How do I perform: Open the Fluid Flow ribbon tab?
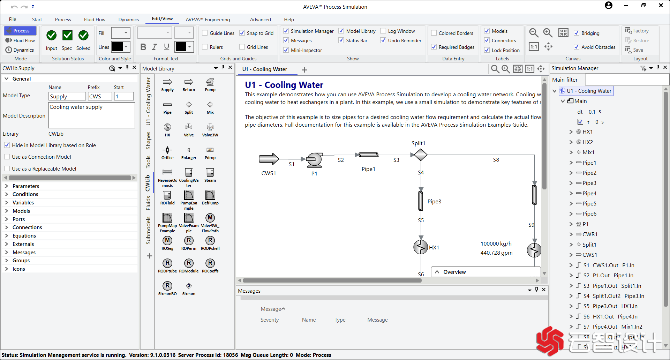pyautogui.click(x=95, y=20)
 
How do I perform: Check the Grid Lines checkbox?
pyautogui.click(x=242, y=47)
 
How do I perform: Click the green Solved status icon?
pyautogui.click(x=83, y=36)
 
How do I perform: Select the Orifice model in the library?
pyautogui.click(x=167, y=150)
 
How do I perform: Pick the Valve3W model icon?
pyautogui.click(x=210, y=127)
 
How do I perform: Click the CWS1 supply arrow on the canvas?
pyautogui.click(x=269, y=159)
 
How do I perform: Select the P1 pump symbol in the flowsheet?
pyautogui.click(x=314, y=159)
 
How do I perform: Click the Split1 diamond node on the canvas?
pyautogui.click(x=421, y=155)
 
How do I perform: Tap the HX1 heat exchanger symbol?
pyautogui.click(x=421, y=247)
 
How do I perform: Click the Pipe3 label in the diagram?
pyautogui.click(x=434, y=202)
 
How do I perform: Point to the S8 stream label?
pyautogui.click(x=496, y=160)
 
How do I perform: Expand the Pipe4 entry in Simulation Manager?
pyautogui.click(x=571, y=194)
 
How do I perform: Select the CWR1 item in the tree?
pyautogui.click(x=590, y=234)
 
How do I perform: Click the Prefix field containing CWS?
pyautogui.click(x=100, y=96)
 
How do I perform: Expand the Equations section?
pyautogui.click(x=6, y=236)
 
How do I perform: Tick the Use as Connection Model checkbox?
pyautogui.click(x=7, y=157)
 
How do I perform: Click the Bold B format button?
pyautogui.click(x=143, y=47)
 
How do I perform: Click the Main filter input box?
pyautogui.click(x=626, y=80)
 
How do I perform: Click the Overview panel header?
pyautogui.click(x=454, y=272)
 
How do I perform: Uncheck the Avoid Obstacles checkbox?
pyautogui.click(x=577, y=47)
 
